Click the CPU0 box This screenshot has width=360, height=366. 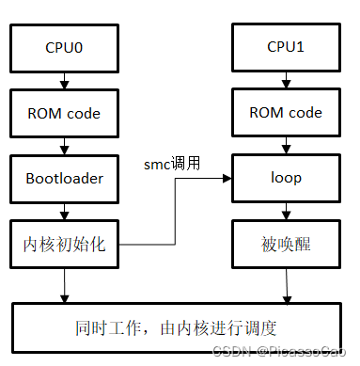tap(63, 48)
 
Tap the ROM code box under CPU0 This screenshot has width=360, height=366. tap(63, 113)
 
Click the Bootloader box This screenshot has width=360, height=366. tap(63, 178)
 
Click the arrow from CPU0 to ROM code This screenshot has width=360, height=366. tap(63, 81)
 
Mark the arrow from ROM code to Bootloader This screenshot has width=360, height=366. tap(63, 146)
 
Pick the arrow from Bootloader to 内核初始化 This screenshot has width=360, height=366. tap(63, 211)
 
